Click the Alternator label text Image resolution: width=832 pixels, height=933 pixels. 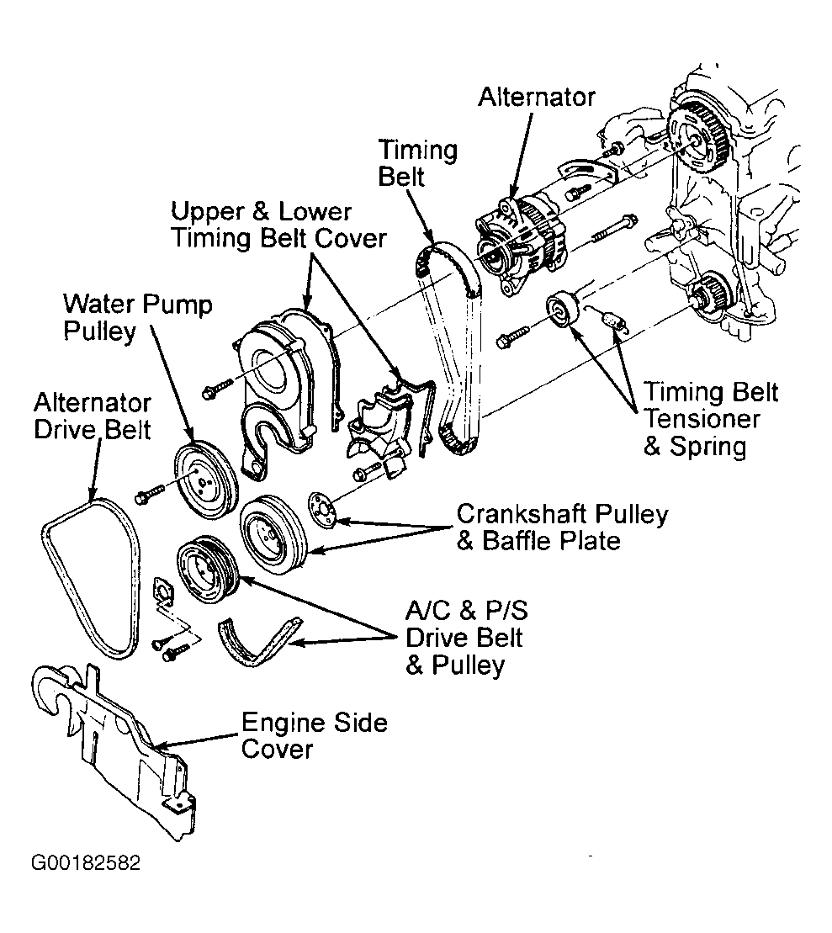click(x=536, y=97)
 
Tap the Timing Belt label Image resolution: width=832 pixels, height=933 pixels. click(x=417, y=163)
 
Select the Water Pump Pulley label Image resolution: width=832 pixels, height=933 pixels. click(x=138, y=316)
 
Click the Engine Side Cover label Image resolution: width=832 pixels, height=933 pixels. click(x=314, y=735)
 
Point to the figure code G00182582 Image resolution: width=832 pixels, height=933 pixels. click(x=85, y=864)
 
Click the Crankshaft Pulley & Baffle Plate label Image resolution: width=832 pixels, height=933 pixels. click(x=561, y=527)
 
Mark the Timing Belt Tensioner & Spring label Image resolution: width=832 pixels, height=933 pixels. click(x=710, y=418)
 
